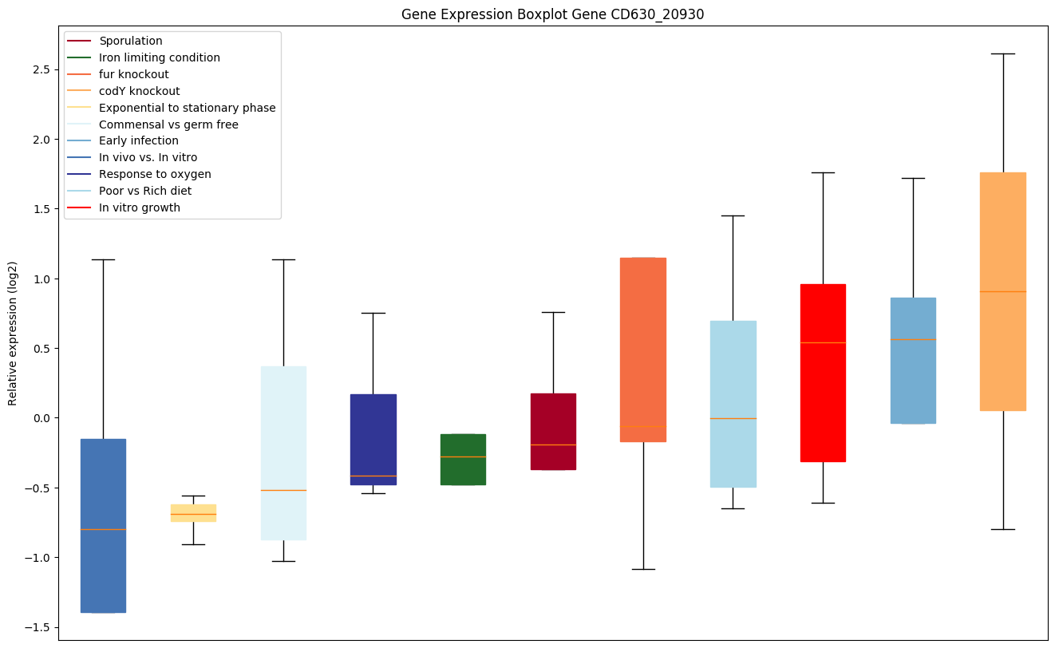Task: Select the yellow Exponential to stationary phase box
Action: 193,513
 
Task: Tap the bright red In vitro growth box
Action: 823,373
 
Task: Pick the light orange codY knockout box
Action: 1002,291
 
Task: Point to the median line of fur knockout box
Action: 642,426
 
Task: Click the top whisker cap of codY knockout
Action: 1002,53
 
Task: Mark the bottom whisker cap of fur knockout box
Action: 642,569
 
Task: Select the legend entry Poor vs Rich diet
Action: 144,192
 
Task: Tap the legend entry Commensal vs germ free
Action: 168,124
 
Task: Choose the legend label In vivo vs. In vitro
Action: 148,158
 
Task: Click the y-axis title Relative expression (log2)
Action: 13,333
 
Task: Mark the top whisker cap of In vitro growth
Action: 823,172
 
